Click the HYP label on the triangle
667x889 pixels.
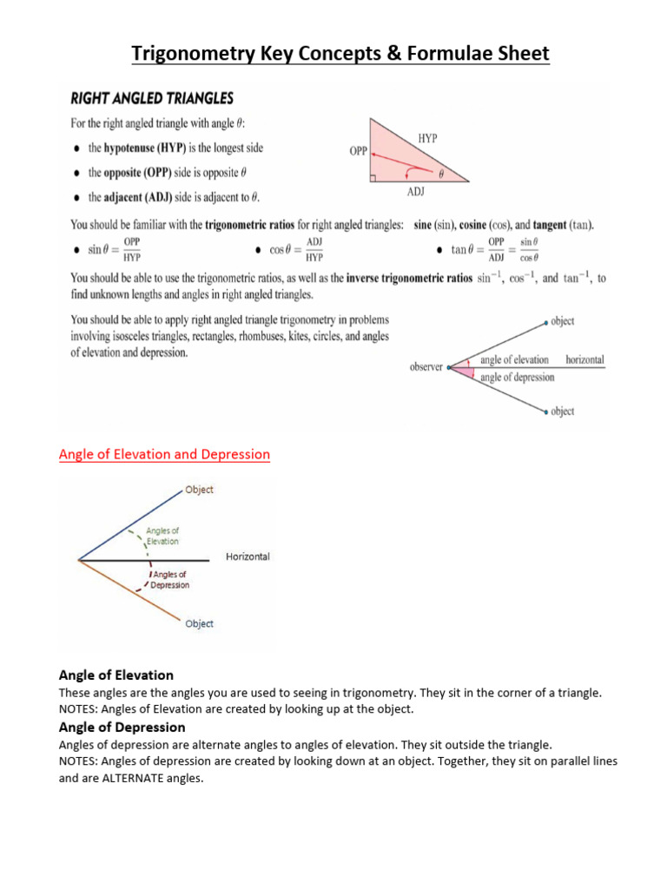[x=427, y=138]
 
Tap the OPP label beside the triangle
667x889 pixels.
[x=358, y=150]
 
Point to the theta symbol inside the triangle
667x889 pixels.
[x=440, y=174]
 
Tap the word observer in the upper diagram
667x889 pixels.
[x=426, y=367]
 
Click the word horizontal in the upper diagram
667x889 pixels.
[x=584, y=359]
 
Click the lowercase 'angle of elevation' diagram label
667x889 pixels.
[x=514, y=359]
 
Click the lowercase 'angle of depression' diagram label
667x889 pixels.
[x=517, y=377]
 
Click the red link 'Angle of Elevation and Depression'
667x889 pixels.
[x=164, y=454]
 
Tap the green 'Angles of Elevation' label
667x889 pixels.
[x=162, y=536]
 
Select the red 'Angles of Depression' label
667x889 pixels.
[x=169, y=580]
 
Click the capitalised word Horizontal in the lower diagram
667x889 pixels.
[x=248, y=556]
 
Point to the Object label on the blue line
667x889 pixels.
[x=199, y=490]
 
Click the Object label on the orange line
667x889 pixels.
[x=199, y=623]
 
